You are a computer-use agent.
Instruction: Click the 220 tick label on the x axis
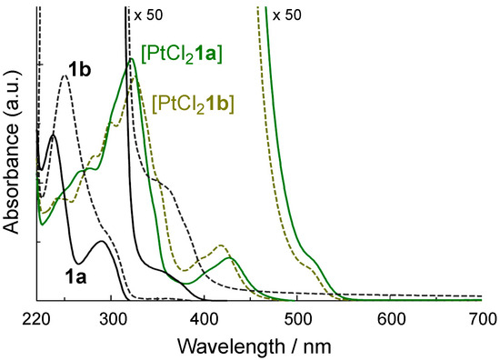click(x=35, y=317)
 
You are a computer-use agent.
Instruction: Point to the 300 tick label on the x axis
click(x=113, y=317)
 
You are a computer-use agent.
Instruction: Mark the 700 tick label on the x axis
click(x=482, y=317)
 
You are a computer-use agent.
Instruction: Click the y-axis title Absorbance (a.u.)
click(x=12, y=154)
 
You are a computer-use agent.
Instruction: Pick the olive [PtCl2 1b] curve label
click(x=195, y=103)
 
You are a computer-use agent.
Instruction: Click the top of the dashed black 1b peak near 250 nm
click(x=64, y=75)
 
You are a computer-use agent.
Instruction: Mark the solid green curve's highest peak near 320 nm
click(x=132, y=59)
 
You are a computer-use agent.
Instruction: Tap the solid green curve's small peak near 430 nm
click(x=232, y=259)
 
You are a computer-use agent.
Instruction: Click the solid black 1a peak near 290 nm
click(x=102, y=242)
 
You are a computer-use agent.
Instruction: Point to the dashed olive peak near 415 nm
click(x=219, y=245)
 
